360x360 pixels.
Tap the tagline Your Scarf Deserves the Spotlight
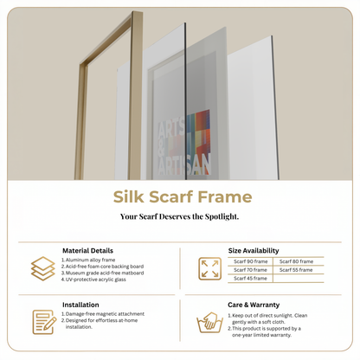click(x=180, y=216)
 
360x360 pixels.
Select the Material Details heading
click(x=87, y=250)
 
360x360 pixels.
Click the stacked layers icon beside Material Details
click(x=42, y=267)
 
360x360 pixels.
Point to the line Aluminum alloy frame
click(x=92, y=259)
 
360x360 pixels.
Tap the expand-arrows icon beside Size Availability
click(x=209, y=268)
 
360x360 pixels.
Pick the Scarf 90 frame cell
click(x=251, y=261)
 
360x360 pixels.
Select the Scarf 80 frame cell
click(x=297, y=261)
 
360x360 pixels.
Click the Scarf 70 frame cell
click(x=251, y=270)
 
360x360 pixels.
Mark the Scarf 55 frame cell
click(x=297, y=270)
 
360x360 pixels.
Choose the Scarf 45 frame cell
click(x=251, y=279)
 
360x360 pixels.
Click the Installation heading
click(x=81, y=305)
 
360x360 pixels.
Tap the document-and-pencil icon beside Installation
click(x=42, y=322)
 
